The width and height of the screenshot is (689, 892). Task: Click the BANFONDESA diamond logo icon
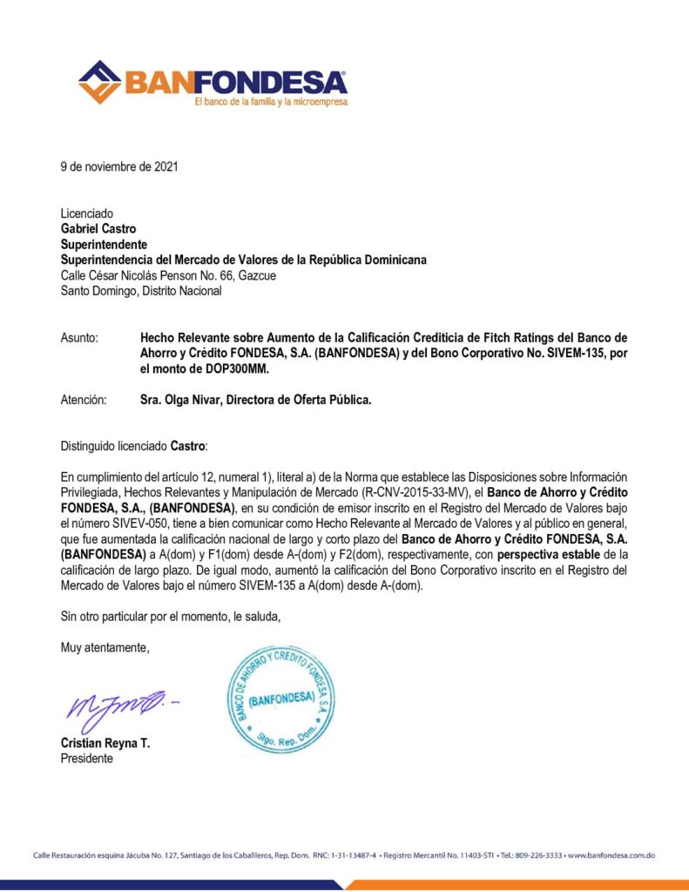[99, 82]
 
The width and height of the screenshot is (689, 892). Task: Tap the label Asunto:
[79, 337]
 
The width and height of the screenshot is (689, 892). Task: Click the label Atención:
[84, 400]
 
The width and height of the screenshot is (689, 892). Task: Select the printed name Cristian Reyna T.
[105, 744]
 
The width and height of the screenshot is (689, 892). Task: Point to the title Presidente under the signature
[86, 759]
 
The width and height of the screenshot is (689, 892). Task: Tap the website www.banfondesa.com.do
[611, 855]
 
